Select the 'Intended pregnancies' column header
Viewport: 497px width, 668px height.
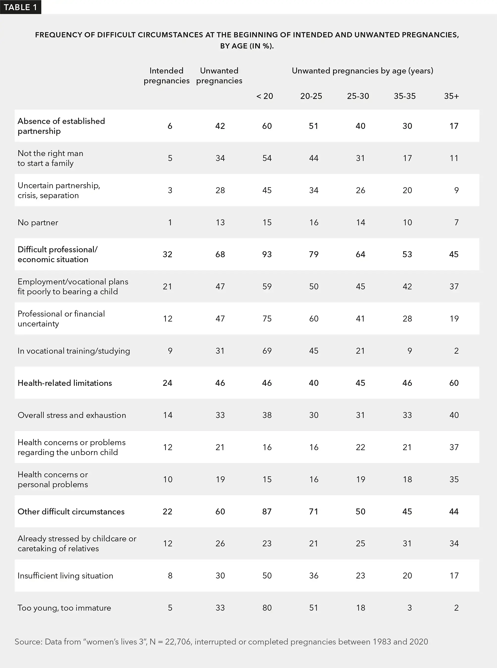click(166, 75)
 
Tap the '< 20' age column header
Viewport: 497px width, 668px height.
click(265, 96)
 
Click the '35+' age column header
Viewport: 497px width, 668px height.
click(451, 96)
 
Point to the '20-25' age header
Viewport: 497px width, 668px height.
click(311, 96)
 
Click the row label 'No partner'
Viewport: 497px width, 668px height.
click(38, 223)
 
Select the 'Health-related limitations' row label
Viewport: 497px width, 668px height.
click(65, 383)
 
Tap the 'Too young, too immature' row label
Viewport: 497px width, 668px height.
click(64, 608)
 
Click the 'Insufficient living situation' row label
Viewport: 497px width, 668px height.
click(65, 576)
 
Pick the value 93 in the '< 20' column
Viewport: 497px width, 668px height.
click(267, 254)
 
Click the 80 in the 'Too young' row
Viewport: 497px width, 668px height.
click(267, 608)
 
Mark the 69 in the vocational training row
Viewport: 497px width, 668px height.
click(267, 351)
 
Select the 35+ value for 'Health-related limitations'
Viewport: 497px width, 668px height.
click(454, 383)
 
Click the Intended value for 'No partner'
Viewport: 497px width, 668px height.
click(170, 223)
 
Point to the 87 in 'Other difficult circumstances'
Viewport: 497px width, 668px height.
click(267, 512)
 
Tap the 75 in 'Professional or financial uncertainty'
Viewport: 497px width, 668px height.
click(267, 319)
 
